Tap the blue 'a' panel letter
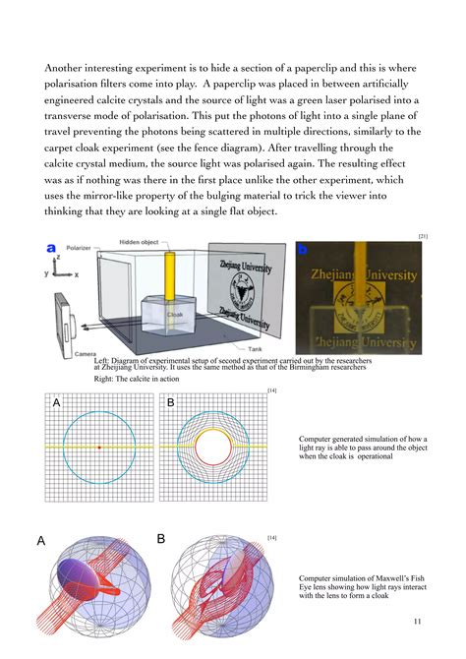coord(51,249)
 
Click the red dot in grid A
coord(99,448)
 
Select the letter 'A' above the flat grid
coord(56,402)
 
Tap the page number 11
coord(418,622)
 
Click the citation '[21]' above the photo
coord(422,236)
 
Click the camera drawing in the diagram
coord(64,320)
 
